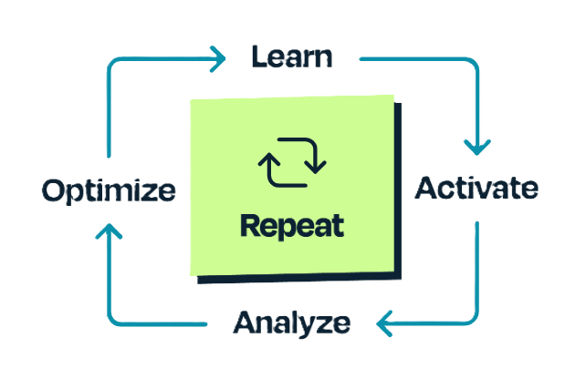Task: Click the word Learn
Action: click(291, 57)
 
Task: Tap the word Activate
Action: click(476, 189)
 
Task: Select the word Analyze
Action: click(291, 322)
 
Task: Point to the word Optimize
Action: click(109, 190)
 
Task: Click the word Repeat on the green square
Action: click(292, 225)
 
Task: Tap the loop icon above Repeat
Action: click(292, 162)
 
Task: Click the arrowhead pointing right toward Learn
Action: click(216, 60)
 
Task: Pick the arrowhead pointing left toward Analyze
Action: click(385, 322)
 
